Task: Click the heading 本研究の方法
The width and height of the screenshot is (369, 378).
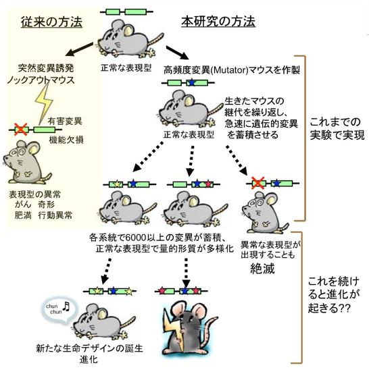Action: (218, 22)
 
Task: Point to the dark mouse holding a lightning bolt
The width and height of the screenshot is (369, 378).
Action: (187, 321)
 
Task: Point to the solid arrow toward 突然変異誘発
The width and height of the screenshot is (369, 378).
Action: (72, 49)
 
